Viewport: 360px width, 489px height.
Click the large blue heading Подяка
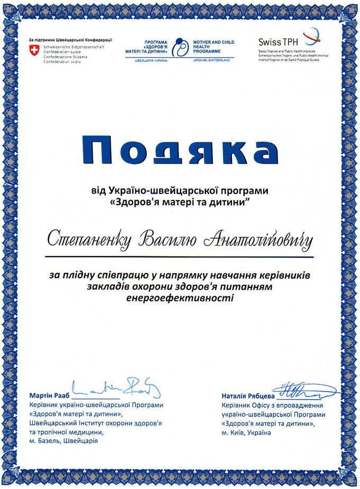[180, 151]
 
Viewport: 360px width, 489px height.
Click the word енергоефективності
[180, 298]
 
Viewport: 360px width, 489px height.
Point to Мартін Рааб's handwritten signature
[116, 390]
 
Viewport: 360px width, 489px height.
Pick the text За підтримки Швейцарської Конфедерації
[70, 40]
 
